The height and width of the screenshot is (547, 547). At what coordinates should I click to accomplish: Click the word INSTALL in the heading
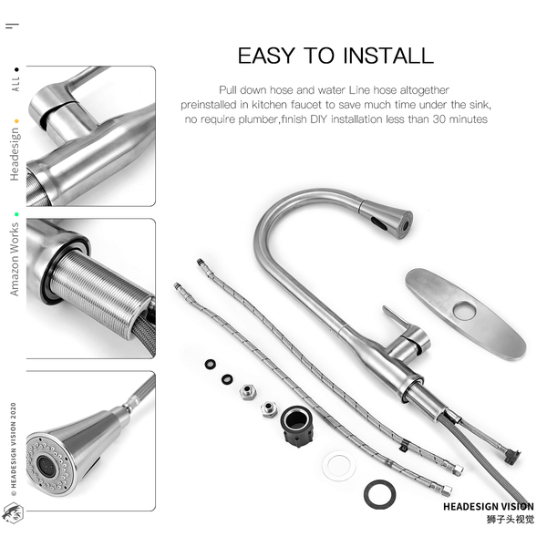tap(388, 56)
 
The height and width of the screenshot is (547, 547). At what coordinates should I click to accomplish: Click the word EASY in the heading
tap(266, 56)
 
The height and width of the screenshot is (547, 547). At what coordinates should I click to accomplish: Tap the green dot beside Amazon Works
tap(16, 214)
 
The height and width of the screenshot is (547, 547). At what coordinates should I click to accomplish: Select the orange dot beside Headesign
tap(16, 121)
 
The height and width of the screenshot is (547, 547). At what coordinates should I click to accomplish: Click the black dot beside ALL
tap(16, 70)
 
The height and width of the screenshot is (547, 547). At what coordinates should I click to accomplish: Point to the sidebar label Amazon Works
tap(15, 260)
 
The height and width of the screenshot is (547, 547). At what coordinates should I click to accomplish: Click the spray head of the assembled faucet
tap(387, 219)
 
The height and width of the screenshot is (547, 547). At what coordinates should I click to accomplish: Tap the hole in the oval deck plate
tap(464, 311)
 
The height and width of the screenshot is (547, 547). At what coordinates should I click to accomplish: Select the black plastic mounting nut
tap(297, 427)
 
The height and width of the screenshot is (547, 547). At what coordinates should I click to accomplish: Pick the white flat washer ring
tap(339, 466)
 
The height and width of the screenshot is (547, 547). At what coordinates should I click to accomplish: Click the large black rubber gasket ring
tap(379, 494)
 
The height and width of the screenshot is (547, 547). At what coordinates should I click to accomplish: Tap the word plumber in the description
tap(259, 119)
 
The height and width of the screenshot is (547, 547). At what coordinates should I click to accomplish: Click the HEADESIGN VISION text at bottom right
tap(489, 507)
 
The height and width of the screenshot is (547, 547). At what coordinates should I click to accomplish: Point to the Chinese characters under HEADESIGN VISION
tap(511, 520)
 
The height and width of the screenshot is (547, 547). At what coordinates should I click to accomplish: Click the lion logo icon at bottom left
tap(13, 513)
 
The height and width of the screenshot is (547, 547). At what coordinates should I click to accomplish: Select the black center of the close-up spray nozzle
tap(46, 466)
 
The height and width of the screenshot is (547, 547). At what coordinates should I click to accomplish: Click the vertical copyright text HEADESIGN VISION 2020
tap(14, 449)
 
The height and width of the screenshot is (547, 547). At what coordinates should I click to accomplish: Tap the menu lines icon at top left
tap(12, 26)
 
